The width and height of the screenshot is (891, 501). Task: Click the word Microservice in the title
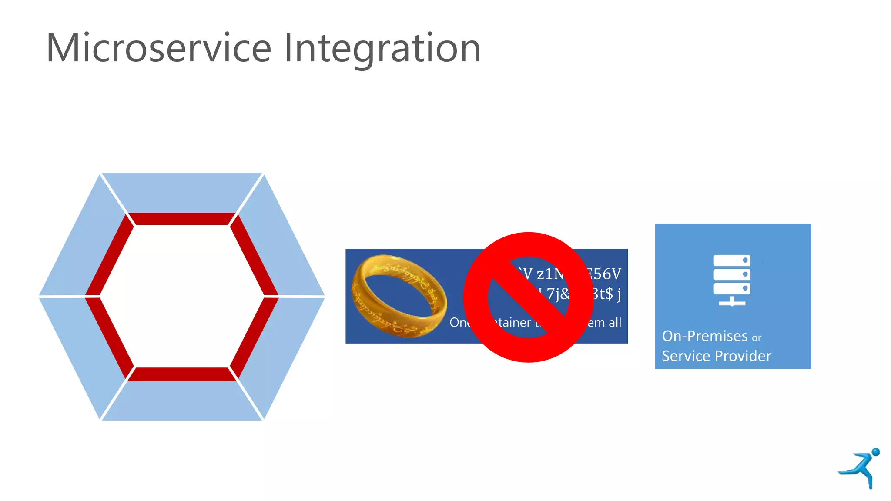pos(159,48)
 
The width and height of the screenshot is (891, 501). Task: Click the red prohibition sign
pos(528,297)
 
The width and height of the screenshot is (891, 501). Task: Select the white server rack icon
pos(732,280)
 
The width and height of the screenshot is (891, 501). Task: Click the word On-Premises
pos(704,336)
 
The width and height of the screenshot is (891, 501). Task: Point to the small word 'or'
pos(757,338)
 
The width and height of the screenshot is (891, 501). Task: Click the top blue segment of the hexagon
pos(182,192)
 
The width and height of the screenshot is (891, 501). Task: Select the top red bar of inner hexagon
pos(182,219)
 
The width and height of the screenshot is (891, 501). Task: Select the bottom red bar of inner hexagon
pos(182,374)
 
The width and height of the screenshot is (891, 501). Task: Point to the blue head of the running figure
pos(876,452)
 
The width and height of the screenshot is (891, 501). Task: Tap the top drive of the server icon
pos(732,260)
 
